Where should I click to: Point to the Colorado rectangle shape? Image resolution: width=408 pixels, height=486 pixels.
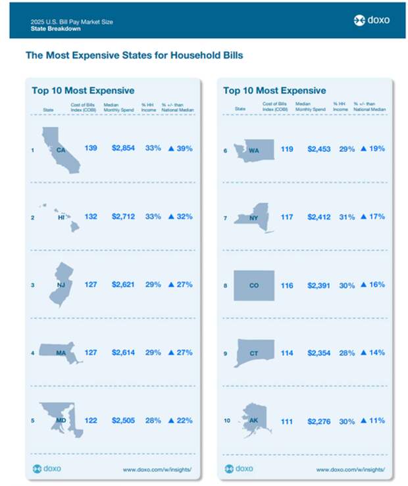pos(254,285)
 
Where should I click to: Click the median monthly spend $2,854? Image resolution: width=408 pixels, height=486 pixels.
pos(123,149)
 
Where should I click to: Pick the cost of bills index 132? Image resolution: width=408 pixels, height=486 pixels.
pos(90,216)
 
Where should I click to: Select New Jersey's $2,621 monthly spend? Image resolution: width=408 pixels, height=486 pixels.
pos(123,285)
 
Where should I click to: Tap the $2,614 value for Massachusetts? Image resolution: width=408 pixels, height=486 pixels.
pos(123,352)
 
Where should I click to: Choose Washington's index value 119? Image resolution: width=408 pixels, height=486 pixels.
pos(288,149)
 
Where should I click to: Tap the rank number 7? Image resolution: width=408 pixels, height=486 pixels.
pos(225,218)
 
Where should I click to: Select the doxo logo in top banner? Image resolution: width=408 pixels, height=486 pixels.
pos(371,20)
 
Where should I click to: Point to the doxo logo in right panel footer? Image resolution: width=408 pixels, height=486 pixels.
pos(239,469)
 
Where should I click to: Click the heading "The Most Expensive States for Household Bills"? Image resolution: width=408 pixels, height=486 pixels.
pos(134,55)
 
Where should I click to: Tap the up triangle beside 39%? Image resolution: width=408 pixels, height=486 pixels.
pos(172,149)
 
